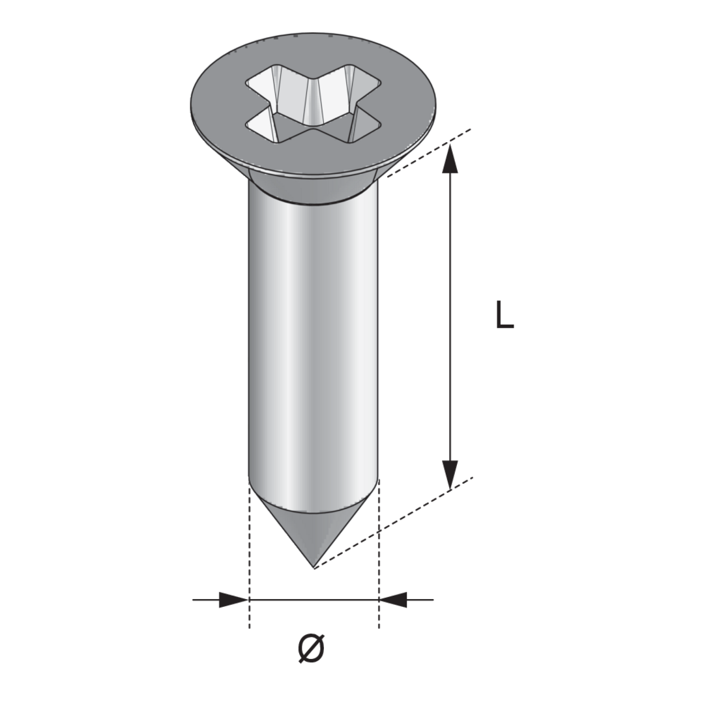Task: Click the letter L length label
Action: [504, 315]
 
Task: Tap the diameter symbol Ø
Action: [311, 648]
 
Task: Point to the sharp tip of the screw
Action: [314, 568]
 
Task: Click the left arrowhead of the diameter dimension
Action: [233, 600]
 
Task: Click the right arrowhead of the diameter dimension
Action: [393, 600]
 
